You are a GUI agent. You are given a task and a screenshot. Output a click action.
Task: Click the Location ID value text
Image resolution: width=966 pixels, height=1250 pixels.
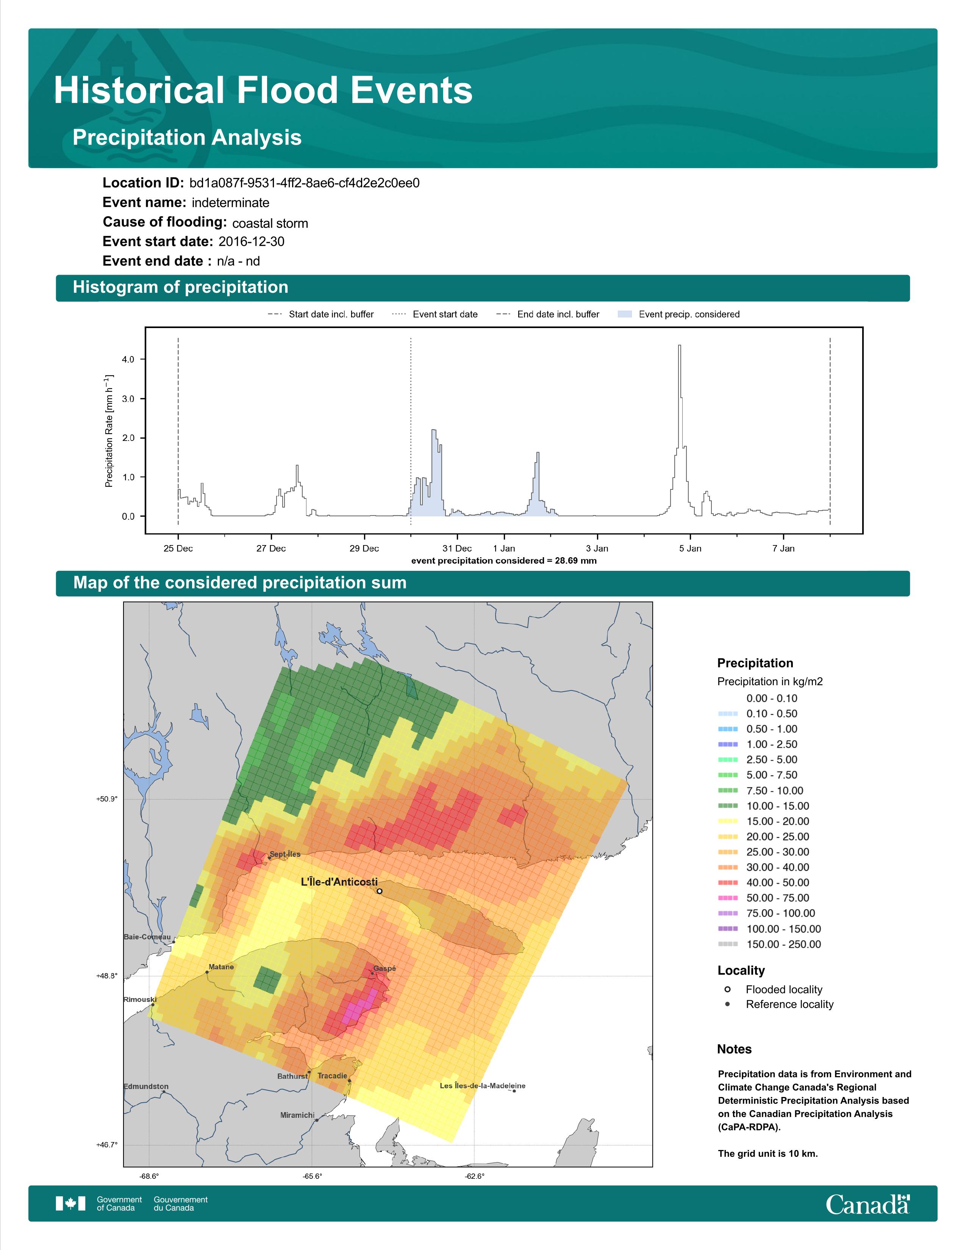305,183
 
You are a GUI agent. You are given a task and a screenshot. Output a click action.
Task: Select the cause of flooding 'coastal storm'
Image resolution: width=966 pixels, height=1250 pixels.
270,223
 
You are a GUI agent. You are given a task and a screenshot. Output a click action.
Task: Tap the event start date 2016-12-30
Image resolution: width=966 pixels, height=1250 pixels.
251,242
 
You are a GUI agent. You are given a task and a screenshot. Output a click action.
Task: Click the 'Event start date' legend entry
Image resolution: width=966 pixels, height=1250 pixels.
435,314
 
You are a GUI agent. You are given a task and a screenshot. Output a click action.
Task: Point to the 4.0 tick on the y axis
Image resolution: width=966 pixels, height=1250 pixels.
128,359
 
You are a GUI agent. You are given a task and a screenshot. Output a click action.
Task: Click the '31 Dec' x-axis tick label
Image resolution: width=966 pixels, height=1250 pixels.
457,548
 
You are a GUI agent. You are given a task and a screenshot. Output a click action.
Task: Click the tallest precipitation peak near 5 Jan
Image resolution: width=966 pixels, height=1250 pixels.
679,346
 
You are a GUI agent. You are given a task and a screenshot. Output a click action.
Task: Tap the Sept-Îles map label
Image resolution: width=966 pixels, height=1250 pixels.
284,854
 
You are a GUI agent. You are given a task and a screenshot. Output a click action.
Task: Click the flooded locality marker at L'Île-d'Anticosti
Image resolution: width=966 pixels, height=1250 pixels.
380,891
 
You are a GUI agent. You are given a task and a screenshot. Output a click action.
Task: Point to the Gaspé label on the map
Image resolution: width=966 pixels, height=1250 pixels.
385,969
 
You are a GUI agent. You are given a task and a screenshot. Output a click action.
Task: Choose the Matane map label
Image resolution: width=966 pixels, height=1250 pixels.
221,967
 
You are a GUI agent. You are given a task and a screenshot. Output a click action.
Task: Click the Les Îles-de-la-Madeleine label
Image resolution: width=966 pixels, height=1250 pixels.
482,1086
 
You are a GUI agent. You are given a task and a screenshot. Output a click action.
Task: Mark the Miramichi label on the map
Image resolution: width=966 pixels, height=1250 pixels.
297,1115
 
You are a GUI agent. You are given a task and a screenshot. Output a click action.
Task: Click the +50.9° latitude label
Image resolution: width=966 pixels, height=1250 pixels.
107,799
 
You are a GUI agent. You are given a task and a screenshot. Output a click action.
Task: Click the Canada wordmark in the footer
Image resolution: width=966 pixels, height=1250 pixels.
868,1205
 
